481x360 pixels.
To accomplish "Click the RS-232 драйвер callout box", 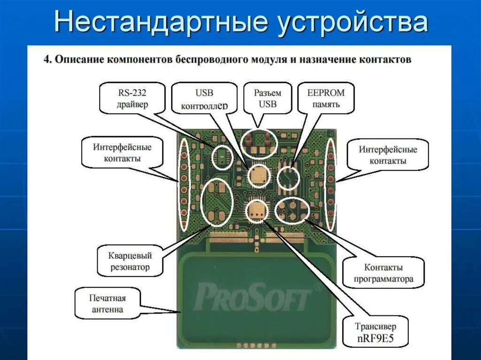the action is [x=132, y=98].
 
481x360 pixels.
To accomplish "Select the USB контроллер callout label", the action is [x=204, y=99].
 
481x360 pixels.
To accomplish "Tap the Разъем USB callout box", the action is [x=268, y=98].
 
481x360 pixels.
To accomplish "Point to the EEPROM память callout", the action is [x=326, y=98].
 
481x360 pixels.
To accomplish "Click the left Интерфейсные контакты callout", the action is [x=122, y=153].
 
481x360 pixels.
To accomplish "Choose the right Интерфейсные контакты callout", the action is [x=388, y=154].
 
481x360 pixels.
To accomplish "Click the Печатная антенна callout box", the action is [x=108, y=303].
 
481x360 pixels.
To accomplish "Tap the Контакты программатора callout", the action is [x=383, y=273].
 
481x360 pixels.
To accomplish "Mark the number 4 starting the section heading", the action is [x=46, y=60].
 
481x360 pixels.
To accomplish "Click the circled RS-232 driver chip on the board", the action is [x=222, y=157].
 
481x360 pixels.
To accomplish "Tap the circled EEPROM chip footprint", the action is [x=288, y=178].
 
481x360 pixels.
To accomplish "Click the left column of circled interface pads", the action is [x=184, y=184].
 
